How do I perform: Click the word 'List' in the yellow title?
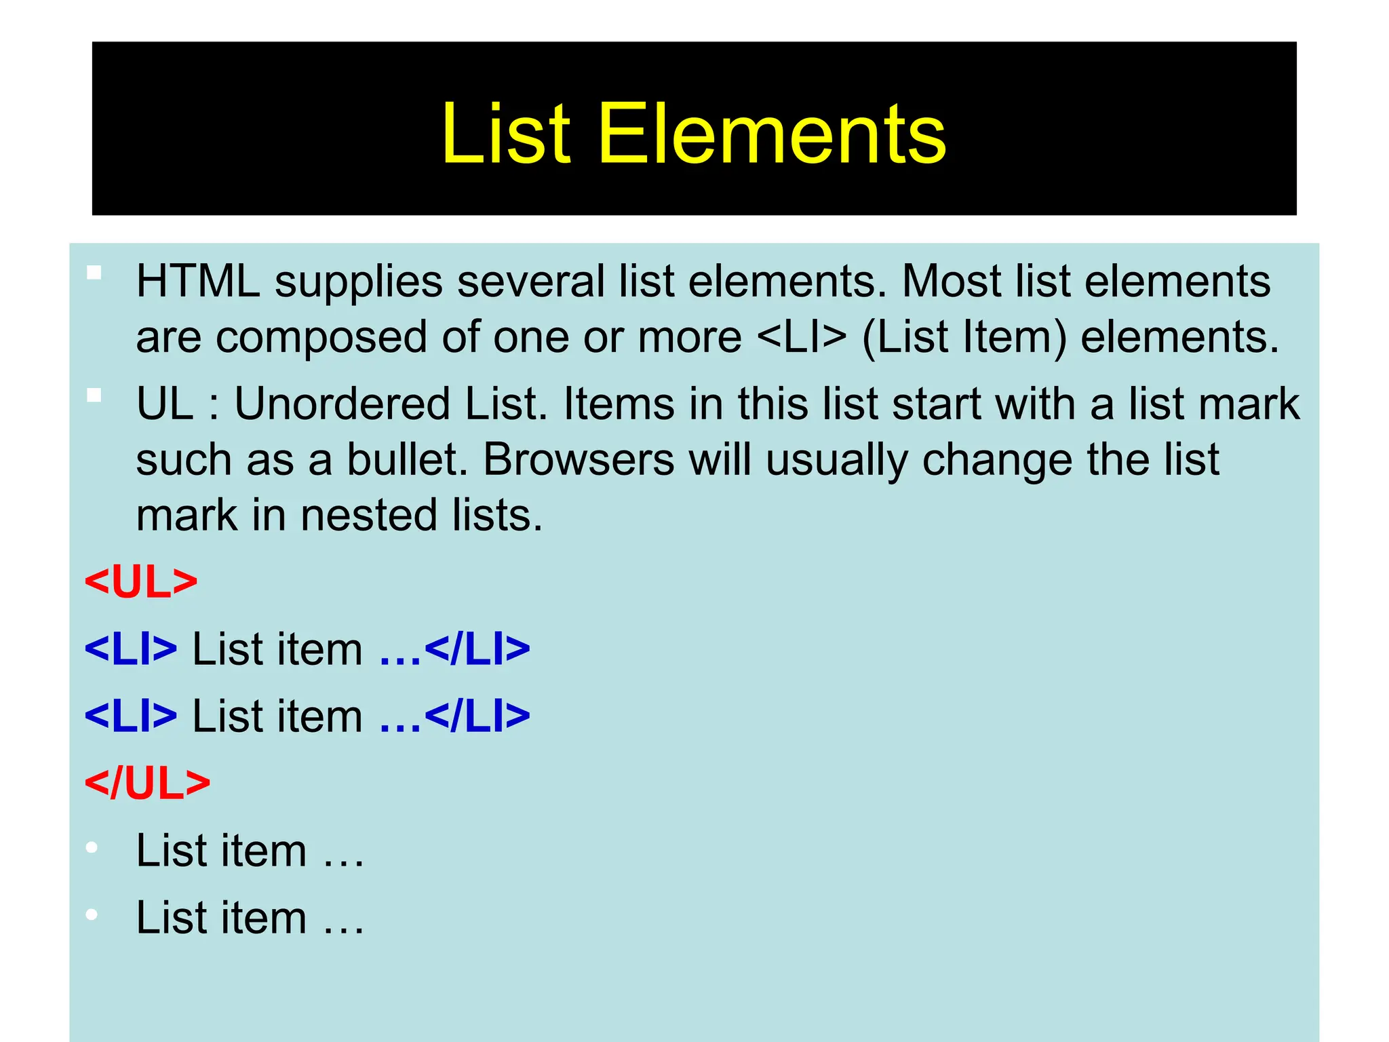click(x=506, y=134)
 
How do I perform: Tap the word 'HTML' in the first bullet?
click(x=198, y=282)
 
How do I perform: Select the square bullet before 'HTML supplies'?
click(x=94, y=273)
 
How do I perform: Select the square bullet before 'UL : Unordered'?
click(x=94, y=395)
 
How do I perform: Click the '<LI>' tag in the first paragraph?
click(x=801, y=337)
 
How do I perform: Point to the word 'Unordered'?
click(x=342, y=404)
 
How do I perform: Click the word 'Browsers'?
click(x=579, y=460)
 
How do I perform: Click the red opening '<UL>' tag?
click(x=141, y=582)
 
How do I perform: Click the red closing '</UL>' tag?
click(x=147, y=784)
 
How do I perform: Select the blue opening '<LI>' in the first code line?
click(x=131, y=649)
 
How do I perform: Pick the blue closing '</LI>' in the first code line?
click(x=477, y=649)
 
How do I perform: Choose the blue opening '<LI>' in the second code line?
click(x=131, y=716)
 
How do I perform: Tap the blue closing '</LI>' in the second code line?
click(x=477, y=716)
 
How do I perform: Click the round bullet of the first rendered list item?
click(x=92, y=848)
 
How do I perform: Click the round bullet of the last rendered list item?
click(x=92, y=915)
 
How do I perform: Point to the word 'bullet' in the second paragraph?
click(x=405, y=460)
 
